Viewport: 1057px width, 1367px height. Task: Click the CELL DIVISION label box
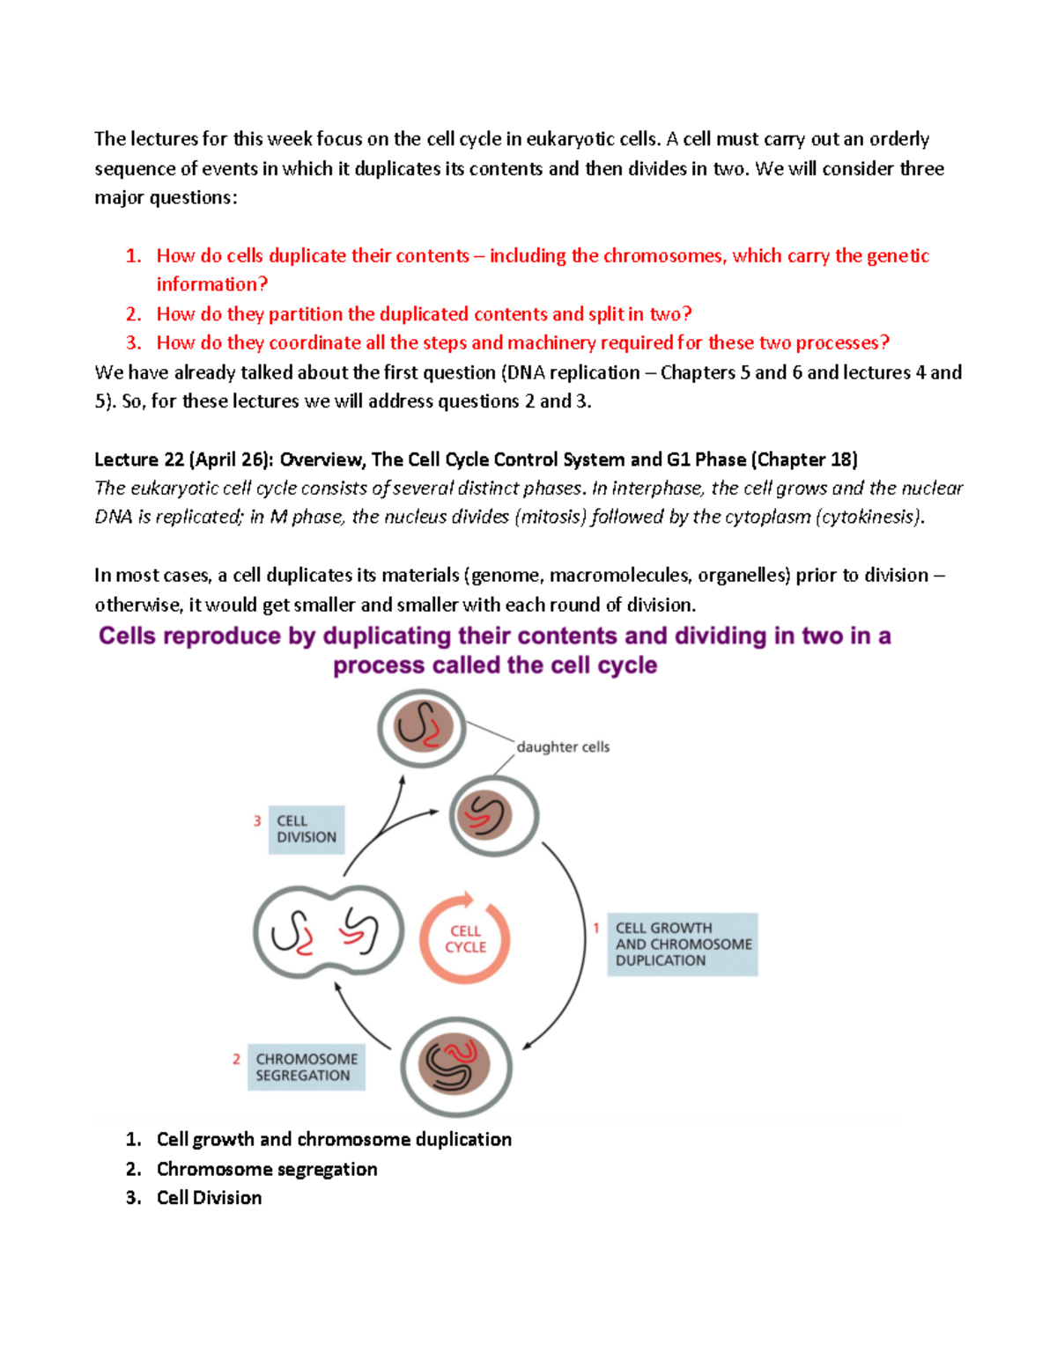[306, 829]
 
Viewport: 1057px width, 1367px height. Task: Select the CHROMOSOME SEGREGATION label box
[306, 1067]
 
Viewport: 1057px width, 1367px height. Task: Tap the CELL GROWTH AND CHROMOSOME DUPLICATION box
[682, 944]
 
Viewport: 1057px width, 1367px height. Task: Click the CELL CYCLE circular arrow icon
[465, 938]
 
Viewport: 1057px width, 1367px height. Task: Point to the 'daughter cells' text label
[562, 746]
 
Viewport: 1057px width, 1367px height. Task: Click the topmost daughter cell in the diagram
[422, 728]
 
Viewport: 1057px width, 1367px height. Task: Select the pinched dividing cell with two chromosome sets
[328, 932]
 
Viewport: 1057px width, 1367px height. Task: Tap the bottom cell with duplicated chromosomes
[455, 1066]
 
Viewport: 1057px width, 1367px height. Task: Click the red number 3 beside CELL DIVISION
[257, 820]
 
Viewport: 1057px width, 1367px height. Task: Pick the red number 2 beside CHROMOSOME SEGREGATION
[236, 1059]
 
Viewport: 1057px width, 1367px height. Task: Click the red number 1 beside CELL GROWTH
[596, 928]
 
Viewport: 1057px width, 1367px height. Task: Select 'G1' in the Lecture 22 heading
[678, 459]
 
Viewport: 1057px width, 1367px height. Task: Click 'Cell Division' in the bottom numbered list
[209, 1198]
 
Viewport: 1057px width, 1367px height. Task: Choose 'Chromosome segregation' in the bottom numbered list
[267, 1169]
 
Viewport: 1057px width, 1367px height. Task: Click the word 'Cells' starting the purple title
[127, 636]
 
